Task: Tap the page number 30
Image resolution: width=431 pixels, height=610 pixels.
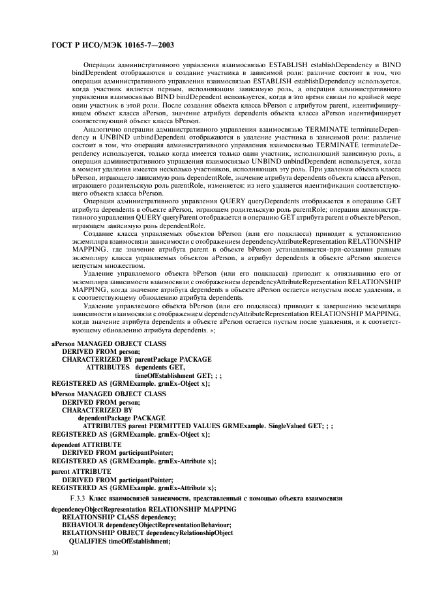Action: (55, 553)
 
